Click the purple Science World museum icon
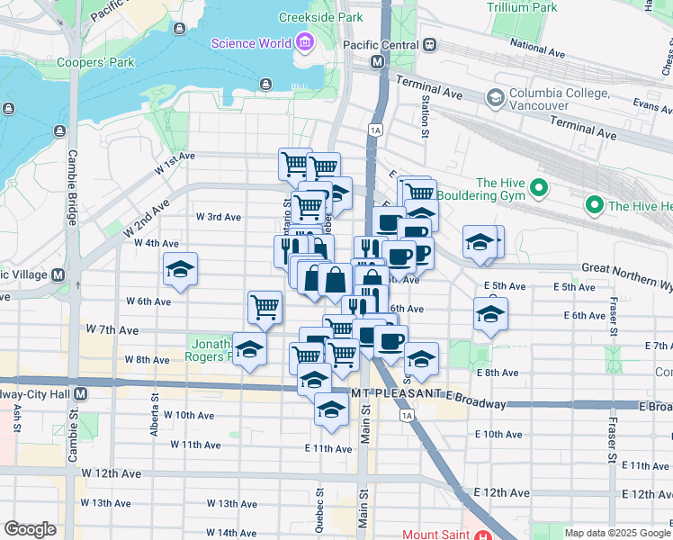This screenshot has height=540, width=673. (304, 42)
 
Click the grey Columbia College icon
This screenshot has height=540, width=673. (494, 96)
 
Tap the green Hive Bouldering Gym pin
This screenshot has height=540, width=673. (539, 188)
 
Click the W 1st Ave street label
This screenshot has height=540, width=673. (174, 162)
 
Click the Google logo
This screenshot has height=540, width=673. (30, 529)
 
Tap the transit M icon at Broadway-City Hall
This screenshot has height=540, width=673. (81, 394)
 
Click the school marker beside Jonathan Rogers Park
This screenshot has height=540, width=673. (249, 349)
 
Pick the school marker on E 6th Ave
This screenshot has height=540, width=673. (490, 315)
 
